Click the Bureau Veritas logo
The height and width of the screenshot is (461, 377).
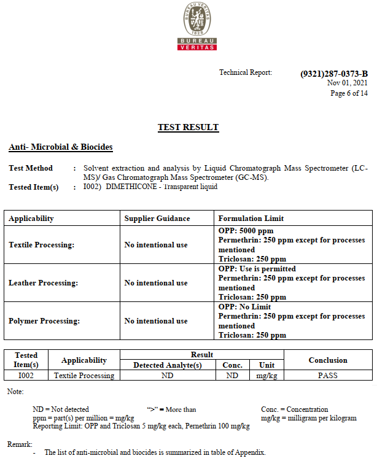pos(197,26)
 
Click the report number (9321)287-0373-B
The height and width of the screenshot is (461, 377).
pos(334,74)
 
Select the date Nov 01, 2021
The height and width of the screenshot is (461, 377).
pos(347,83)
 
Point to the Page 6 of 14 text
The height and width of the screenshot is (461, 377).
pos(349,93)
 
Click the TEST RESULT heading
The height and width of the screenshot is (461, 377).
pos(188,128)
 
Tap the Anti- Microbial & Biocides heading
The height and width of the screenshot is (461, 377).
pos(61,147)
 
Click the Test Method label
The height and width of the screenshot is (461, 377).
pos(31,168)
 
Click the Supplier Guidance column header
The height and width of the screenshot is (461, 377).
pos(157,219)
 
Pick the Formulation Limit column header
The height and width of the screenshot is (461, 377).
pos(251,219)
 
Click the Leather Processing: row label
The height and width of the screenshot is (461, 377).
pos(43,283)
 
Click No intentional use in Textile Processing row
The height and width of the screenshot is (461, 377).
pos(156,245)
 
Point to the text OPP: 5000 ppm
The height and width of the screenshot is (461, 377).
pos(246,231)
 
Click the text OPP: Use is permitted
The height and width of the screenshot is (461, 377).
pos(257,269)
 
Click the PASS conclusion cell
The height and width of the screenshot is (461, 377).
pos(328,375)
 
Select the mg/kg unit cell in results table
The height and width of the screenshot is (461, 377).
pos(266,375)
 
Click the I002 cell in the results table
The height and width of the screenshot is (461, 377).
pos(26,375)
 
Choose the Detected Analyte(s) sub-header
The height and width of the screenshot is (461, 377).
pos(168,365)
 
